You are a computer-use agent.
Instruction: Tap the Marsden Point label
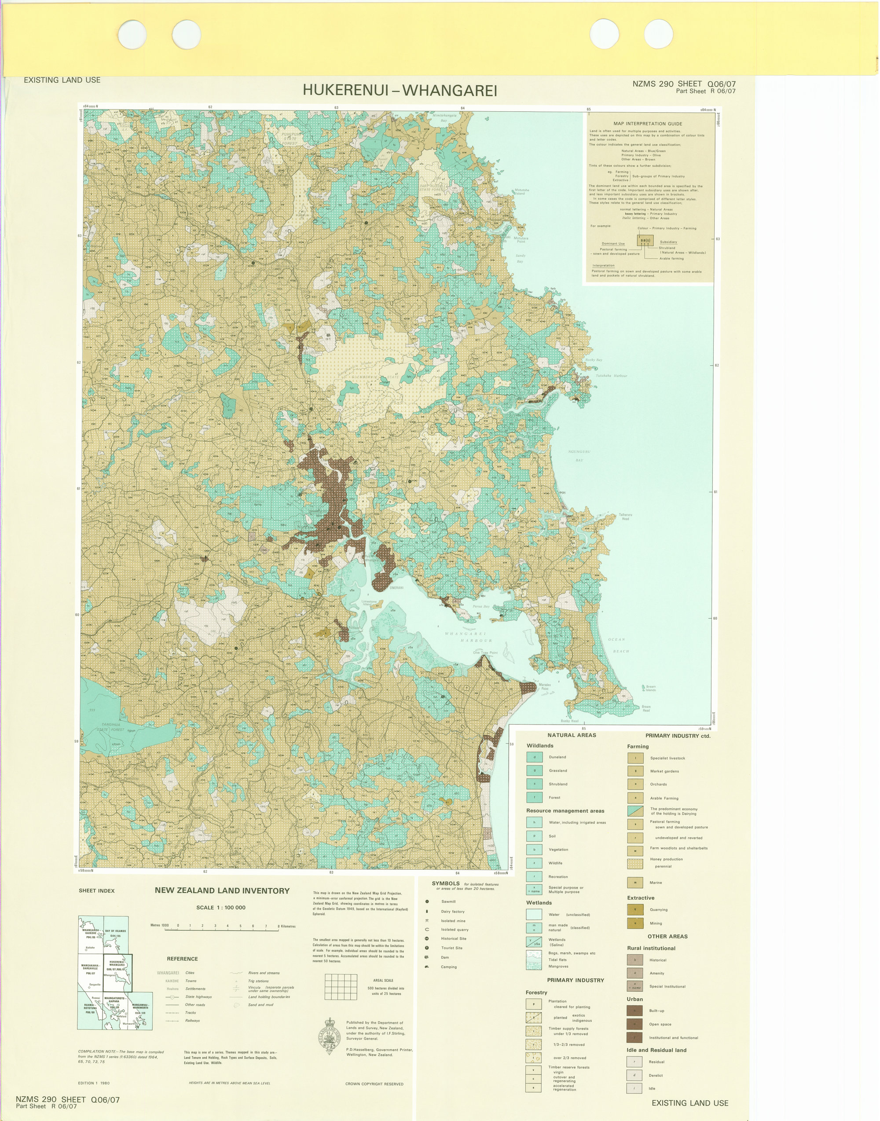[545, 687]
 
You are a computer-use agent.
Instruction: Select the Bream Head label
[645, 708]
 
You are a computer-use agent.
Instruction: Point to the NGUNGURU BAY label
[579, 455]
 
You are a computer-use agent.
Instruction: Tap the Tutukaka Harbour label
[611, 376]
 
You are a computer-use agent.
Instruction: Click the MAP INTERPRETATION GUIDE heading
[648, 124]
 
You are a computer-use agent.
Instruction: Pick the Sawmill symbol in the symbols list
[427, 901]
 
